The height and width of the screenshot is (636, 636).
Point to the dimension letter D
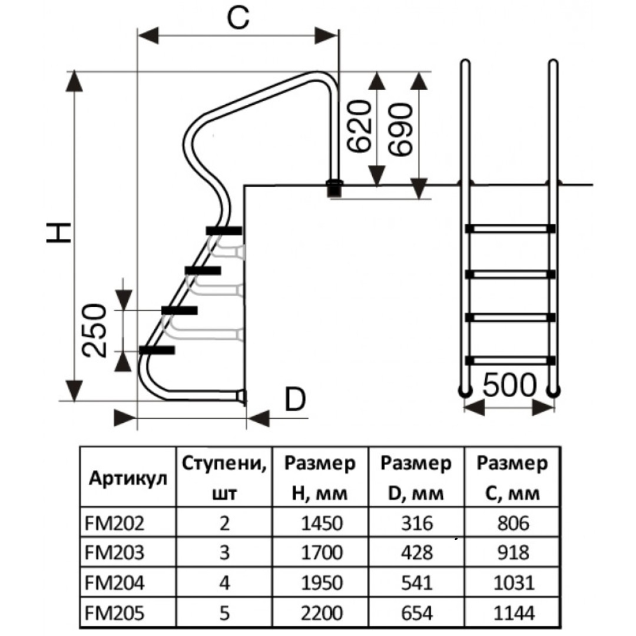point(295,401)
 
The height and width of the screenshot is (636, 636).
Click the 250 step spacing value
point(95,331)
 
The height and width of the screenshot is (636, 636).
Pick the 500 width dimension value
point(509,386)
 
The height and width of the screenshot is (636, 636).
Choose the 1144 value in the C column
point(512,613)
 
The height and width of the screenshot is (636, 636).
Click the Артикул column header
point(128,479)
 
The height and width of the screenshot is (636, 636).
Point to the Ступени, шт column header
point(224,478)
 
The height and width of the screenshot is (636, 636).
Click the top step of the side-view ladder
point(224,230)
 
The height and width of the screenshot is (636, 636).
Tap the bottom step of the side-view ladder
point(157,350)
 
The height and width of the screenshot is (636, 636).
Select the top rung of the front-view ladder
point(510,228)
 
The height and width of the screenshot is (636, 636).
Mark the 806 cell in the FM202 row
point(512,522)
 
